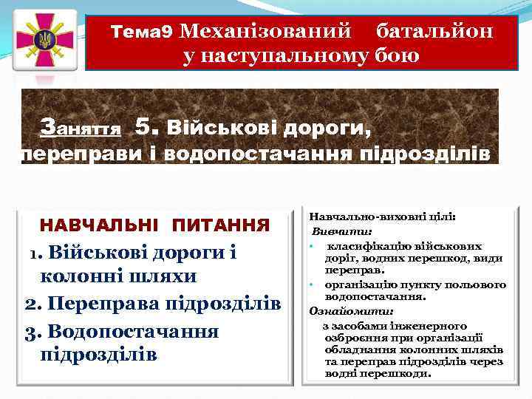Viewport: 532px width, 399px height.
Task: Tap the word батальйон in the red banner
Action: (x=434, y=31)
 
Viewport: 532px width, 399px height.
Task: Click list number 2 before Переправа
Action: (x=30, y=304)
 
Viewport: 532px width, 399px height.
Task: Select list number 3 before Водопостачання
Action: (x=30, y=330)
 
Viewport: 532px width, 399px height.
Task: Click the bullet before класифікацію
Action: (x=313, y=245)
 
